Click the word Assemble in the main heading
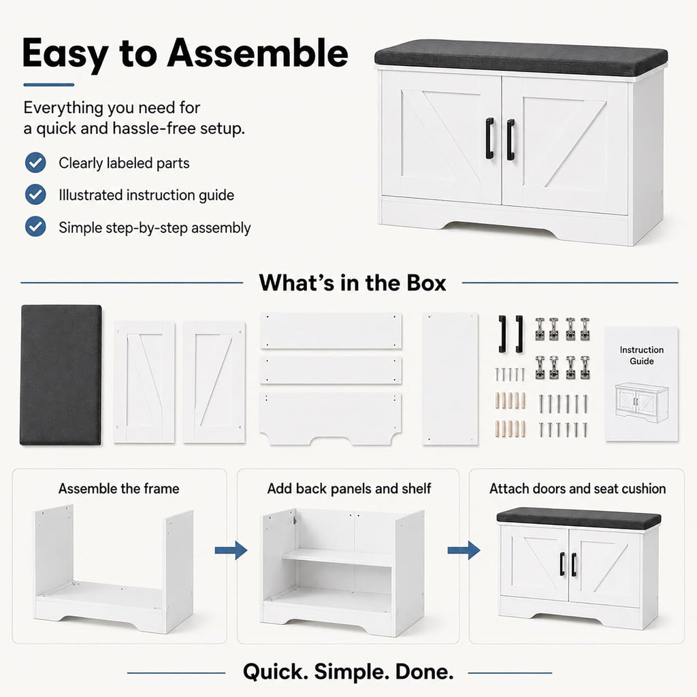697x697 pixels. (x=257, y=53)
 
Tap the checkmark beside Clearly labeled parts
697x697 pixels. (x=35, y=163)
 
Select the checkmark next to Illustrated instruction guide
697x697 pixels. (x=35, y=195)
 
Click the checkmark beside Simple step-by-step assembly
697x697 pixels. (x=35, y=227)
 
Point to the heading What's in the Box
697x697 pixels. (x=353, y=282)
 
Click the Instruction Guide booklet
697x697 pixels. (x=641, y=384)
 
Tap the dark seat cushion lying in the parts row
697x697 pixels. (x=61, y=374)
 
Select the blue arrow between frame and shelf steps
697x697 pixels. (x=231, y=550)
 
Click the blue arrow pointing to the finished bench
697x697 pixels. (x=464, y=550)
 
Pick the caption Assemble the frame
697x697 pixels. (x=118, y=489)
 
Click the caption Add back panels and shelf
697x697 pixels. (x=349, y=489)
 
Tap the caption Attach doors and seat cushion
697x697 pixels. (x=577, y=489)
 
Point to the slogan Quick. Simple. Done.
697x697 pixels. (x=348, y=672)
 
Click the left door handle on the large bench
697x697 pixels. (x=489, y=138)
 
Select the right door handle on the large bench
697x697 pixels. (x=510, y=140)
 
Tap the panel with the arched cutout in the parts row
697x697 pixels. (x=330, y=418)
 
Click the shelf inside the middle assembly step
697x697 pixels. (x=336, y=557)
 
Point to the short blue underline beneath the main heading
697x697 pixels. (x=48, y=84)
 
